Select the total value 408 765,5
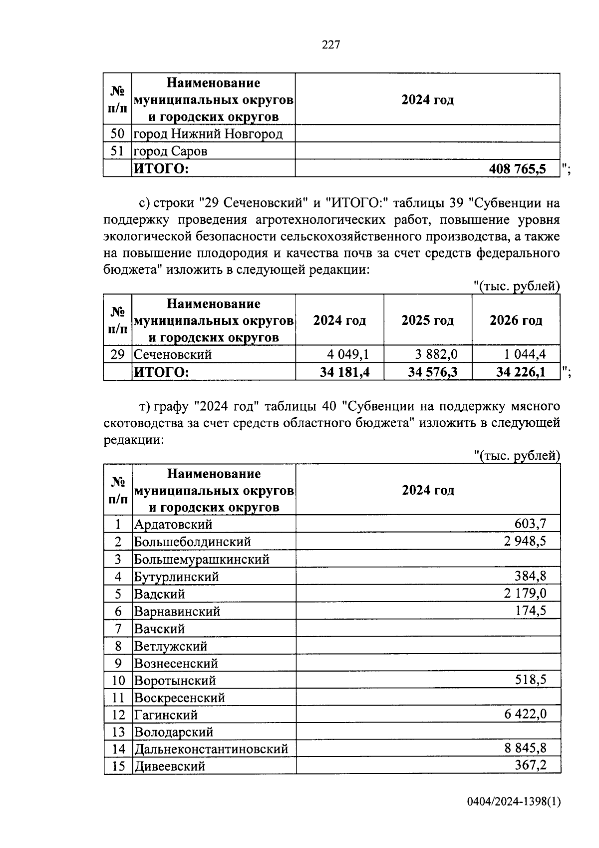(x=517, y=169)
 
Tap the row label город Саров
(x=170, y=151)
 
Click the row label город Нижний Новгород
(x=208, y=134)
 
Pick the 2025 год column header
(x=427, y=320)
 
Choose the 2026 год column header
(x=516, y=320)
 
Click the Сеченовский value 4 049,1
(x=347, y=354)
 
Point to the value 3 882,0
(x=436, y=354)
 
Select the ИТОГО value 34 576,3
(x=433, y=372)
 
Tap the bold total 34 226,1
(x=521, y=372)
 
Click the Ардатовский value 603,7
(x=530, y=524)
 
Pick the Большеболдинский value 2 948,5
(x=525, y=541)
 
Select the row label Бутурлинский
(x=176, y=577)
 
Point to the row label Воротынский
(x=175, y=681)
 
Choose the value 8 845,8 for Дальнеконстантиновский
(x=525, y=749)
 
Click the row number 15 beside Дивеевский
(x=118, y=766)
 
